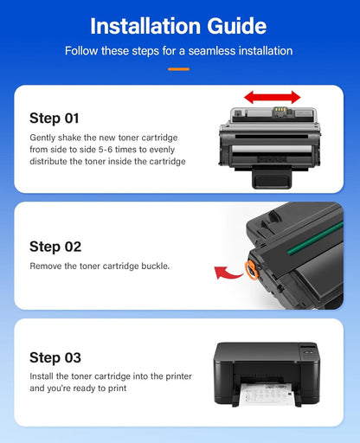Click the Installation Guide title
pyautogui.click(x=179, y=25)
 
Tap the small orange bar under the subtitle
pyautogui.click(x=179, y=68)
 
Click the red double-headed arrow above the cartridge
pyautogui.click(x=272, y=97)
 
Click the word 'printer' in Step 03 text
pyautogui.click(x=176, y=376)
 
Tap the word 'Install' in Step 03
pyautogui.click(x=43, y=376)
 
